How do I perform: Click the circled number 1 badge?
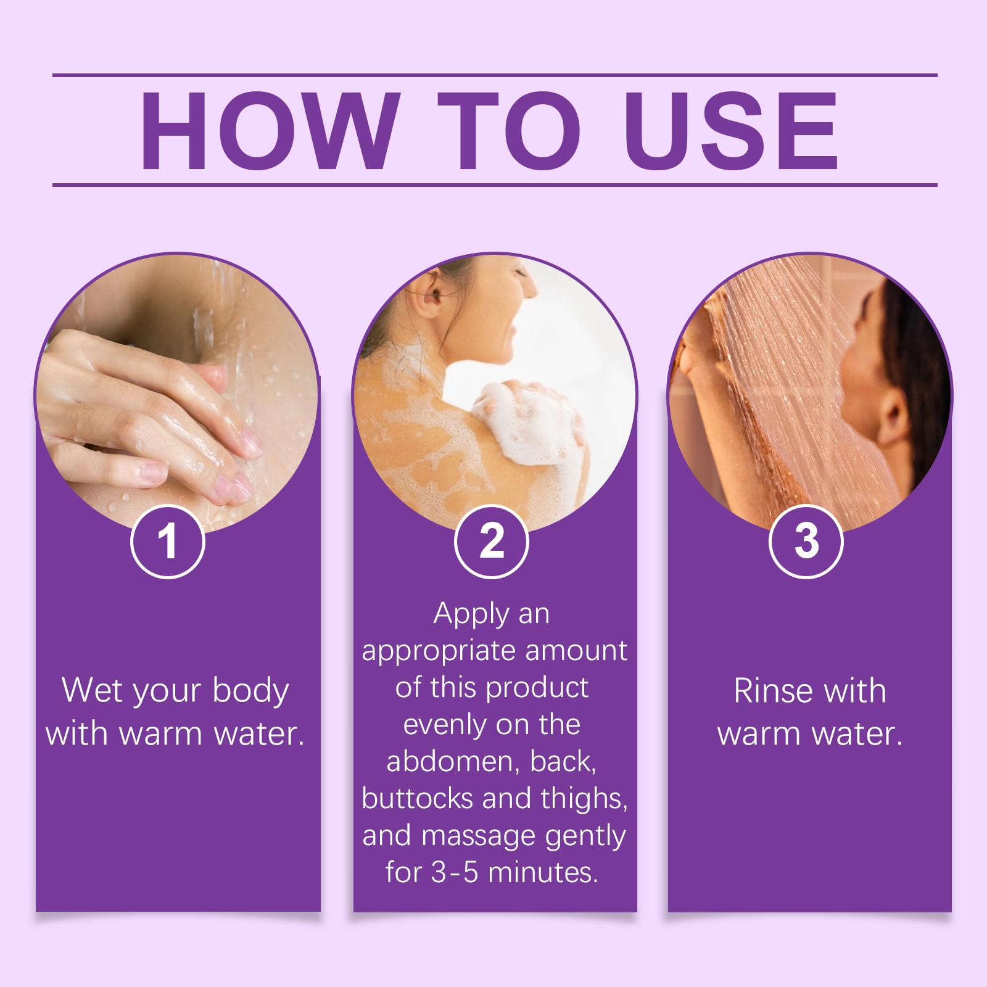click(168, 541)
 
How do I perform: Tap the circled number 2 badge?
click(491, 541)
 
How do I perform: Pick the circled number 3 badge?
click(807, 541)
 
